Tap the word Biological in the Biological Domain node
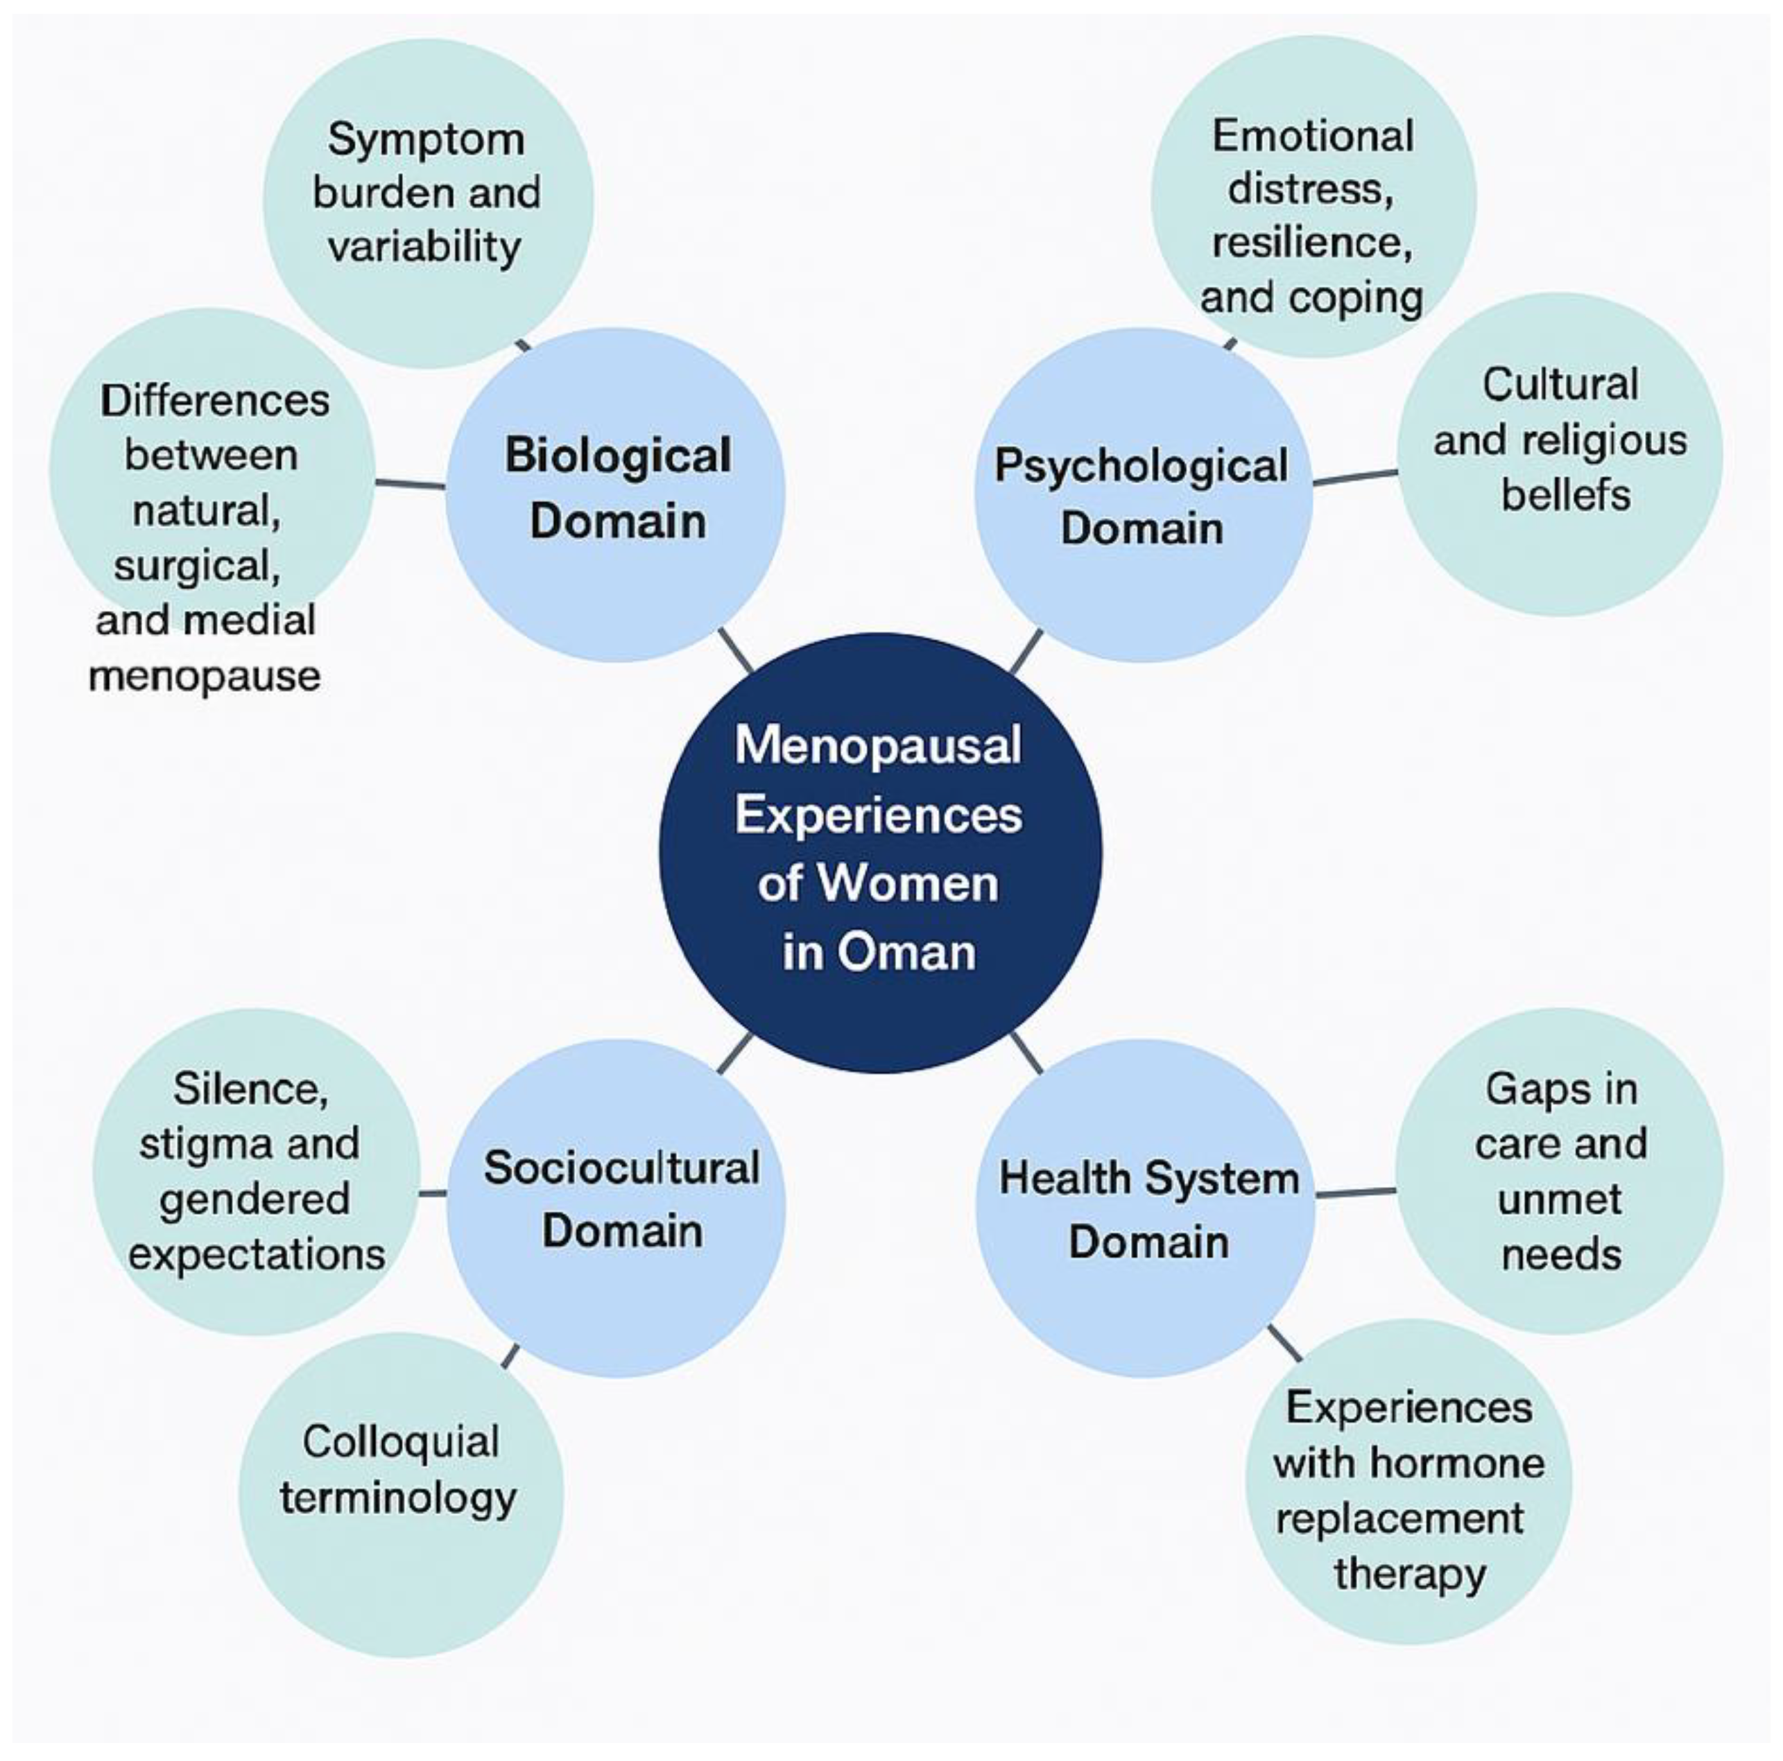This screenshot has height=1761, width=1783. coord(617,456)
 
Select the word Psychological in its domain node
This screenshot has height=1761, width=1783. coord(1141,467)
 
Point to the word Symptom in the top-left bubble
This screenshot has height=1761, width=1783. coord(427,140)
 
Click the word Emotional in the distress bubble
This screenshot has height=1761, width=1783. coord(1312,137)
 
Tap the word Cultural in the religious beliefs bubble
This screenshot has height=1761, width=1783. coord(1560,385)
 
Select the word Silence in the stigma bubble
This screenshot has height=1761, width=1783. coord(250,1088)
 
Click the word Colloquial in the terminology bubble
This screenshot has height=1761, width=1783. coord(401,1441)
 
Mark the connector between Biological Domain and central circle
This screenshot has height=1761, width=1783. coord(736,650)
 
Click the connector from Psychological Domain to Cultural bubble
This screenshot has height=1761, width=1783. coord(1355,477)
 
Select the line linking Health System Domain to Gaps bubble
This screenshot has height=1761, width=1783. coord(1355,1192)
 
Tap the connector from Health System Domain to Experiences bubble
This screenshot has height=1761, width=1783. coord(1284,1343)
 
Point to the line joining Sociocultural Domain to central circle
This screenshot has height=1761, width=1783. coord(734,1053)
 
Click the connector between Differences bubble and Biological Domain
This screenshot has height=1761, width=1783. coord(410,483)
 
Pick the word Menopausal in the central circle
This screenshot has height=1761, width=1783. coord(878,745)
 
